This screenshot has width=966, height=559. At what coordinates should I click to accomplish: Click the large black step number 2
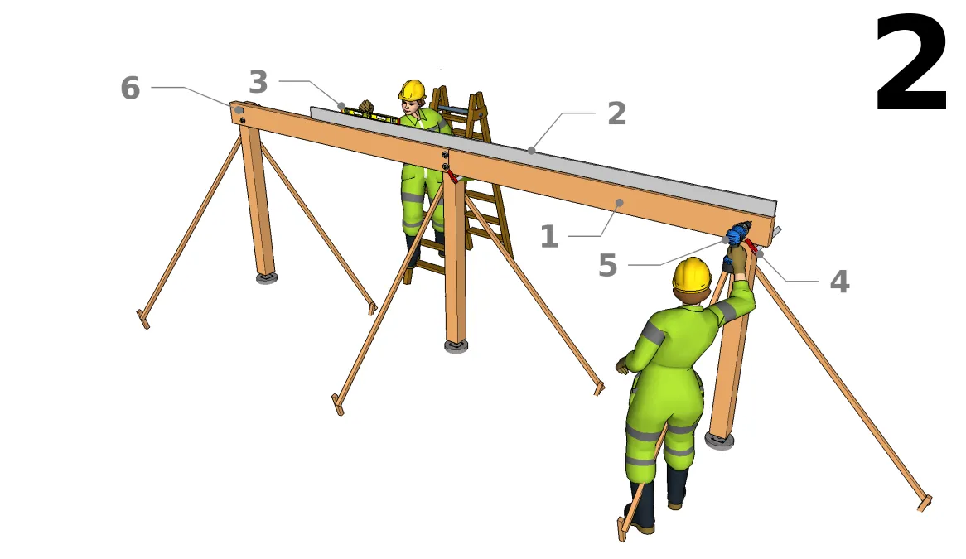(x=911, y=64)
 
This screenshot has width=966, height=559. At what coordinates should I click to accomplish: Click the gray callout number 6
(x=130, y=88)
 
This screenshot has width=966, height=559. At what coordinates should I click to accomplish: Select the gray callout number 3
(x=258, y=82)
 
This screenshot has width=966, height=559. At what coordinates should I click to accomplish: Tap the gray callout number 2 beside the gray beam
(x=616, y=113)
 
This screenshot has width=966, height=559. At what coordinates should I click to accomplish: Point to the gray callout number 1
(x=549, y=236)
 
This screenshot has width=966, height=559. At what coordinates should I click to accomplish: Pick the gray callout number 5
(x=607, y=265)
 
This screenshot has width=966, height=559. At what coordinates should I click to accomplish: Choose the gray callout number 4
(x=840, y=282)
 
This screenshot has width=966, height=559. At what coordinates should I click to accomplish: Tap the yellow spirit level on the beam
(x=370, y=114)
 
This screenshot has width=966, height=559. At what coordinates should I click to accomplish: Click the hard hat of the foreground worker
(x=692, y=275)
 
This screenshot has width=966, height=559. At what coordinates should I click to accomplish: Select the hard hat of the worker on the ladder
(x=412, y=90)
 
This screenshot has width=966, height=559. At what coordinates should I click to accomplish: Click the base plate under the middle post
(x=456, y=345)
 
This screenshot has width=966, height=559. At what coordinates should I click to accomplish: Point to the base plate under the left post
(x=266, y=278)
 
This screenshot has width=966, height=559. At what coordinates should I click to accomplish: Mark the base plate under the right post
(x=719, y=441)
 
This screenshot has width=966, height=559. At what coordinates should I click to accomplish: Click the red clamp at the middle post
(x=452, y=176)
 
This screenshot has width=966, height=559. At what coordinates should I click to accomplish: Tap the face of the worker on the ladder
(x=412, y=106)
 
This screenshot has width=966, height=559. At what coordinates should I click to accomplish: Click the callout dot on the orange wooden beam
(x=620, y=203)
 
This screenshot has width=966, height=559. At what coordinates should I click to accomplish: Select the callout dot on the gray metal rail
(x=532, y=150)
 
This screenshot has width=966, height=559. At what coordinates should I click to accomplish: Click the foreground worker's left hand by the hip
(x=621, y=366)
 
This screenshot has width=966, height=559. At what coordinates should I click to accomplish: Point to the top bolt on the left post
(x=239, y=110)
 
